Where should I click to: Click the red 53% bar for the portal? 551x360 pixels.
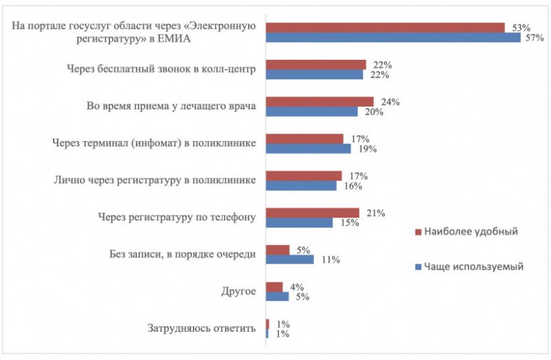click(x=386, y=28)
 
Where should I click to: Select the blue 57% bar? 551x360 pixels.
click(x=393, y=38)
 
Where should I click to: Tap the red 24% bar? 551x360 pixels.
click(x=320, y=102)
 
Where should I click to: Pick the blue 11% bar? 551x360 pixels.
click(x=290, y=260)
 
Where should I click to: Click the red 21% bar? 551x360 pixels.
click(x=313, y=213)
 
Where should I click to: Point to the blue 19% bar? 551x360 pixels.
click(x=309, y=148)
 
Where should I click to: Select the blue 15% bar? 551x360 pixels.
click(x=300, y=222)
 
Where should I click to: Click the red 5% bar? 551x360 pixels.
click(x=278, y=250)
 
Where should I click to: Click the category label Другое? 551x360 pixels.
click(x=240, y=291)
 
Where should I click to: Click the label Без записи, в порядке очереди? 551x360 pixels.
click(x=183, y=254)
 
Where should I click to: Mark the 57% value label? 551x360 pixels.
click(x=535, y=39)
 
